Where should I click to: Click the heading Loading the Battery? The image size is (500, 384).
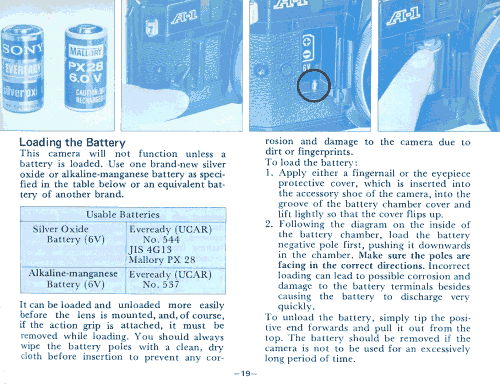[72, 142]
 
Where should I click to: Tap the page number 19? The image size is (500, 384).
[246, 373]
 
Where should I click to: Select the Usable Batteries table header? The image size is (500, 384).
[123, 214]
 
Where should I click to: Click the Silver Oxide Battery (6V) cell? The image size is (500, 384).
[68, 234]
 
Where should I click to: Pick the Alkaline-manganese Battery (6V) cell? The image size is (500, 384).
[73, 279]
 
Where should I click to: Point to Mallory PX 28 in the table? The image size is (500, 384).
[162, 259]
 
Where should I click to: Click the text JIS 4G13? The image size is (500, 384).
[150, 249]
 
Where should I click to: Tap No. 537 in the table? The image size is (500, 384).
[161, 284]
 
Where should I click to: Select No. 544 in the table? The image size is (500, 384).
[161, 239]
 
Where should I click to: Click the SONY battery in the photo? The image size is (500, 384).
[22, 68]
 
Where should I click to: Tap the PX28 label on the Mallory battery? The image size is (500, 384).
[86, 67]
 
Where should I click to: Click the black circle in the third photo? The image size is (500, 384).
[314, 85]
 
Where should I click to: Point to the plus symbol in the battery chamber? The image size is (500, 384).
[307, 42]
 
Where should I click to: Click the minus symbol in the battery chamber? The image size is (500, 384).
[307, 55]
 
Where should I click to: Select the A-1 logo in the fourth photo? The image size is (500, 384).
[403, 16]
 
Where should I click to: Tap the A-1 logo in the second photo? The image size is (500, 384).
[184, 17]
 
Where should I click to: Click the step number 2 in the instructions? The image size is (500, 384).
[269, 224]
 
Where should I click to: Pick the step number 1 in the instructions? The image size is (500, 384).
[268, 173]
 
